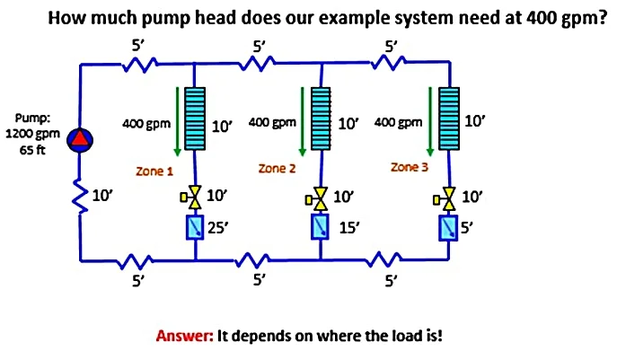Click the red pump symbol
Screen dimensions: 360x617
click(82, 138)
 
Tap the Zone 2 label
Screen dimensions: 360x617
click(277, 168)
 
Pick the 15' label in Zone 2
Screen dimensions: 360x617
click(348, 228)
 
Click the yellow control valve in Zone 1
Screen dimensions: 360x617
click(195, 196)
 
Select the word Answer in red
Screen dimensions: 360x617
click(183, 337)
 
